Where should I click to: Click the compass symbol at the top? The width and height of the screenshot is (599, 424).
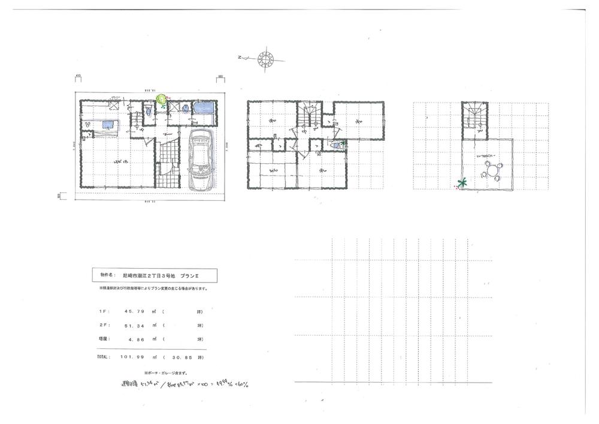(265, 58)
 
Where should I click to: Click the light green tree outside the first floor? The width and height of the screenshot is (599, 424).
(161, 98)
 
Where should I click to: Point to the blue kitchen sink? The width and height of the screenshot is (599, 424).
(108, 124)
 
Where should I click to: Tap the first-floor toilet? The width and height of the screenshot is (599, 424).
(147, 110)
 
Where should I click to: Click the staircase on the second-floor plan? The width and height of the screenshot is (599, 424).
(312, 113)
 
